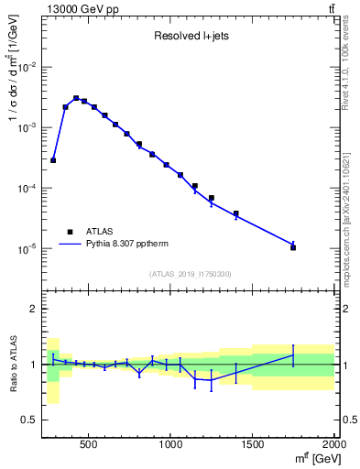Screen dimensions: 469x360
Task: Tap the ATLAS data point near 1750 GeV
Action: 293,247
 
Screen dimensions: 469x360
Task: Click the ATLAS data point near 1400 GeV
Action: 236,213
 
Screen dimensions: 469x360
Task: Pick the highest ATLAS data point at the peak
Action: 76,98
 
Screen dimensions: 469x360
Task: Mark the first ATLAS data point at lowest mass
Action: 53,160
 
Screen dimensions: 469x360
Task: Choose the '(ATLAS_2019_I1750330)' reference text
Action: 190,274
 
